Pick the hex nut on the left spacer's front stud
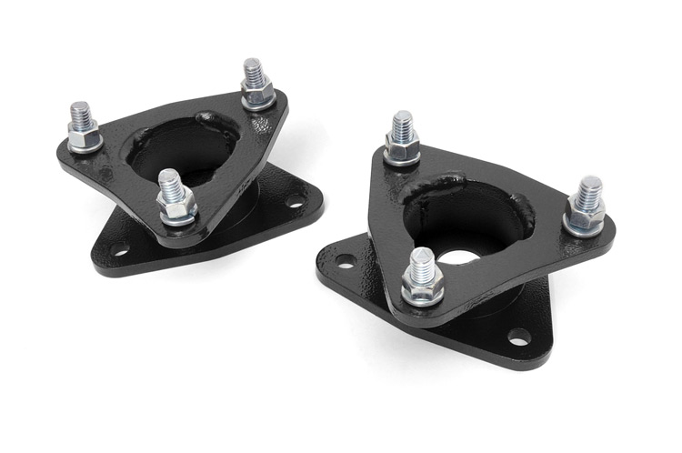(176, 208)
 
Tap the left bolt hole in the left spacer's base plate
(119, 247)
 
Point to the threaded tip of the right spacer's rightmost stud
(589, 188)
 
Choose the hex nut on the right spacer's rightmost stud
(584, 217)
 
